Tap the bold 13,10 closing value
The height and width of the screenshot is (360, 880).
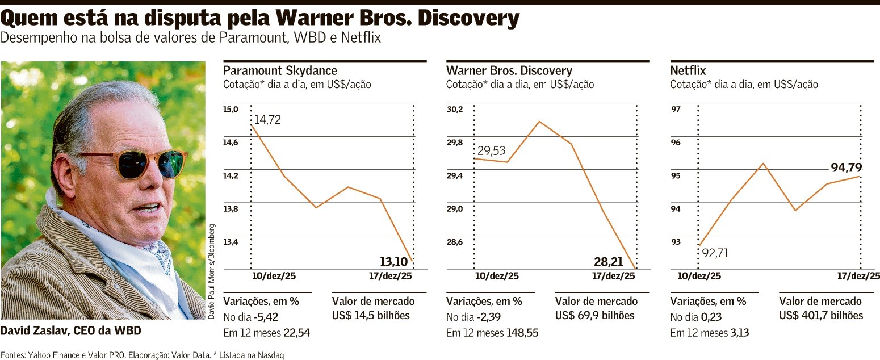[395, 262]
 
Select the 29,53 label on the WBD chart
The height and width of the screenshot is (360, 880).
[491, 151]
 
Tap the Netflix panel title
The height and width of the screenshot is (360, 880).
[688, 71]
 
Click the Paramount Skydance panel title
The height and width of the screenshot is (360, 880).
[280, 71]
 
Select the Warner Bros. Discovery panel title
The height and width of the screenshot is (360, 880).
[509, 71]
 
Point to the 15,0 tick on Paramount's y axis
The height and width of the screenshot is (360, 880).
[231, 109]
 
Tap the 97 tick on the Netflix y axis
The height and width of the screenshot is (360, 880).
[676, 109]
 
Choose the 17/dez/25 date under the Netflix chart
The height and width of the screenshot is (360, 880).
[858, 276]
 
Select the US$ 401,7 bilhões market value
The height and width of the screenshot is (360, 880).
[821, 316]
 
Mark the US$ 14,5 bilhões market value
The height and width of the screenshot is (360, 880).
[371, 316]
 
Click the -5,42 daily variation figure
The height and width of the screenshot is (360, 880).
[266, 316]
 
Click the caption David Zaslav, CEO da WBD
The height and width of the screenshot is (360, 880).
[70, 330]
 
